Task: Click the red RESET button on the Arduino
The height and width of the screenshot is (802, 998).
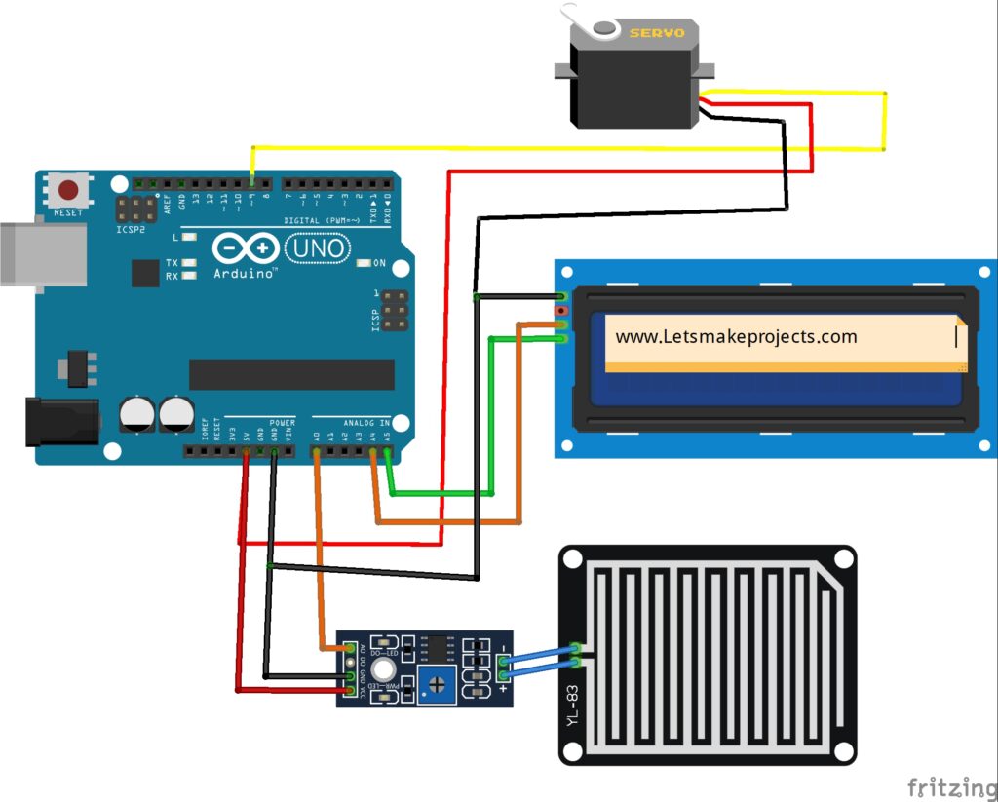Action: (x=68, y=190)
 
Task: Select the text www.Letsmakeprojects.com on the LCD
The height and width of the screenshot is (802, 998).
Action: (x=736, y=337)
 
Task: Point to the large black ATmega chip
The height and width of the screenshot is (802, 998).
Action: (x=291, y=374)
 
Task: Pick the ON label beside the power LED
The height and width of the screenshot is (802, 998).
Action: (x=379, y=263)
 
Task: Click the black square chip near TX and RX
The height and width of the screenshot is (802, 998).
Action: (x=145, y=273)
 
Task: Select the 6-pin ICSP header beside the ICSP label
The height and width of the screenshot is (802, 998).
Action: (x=395, y=310)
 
